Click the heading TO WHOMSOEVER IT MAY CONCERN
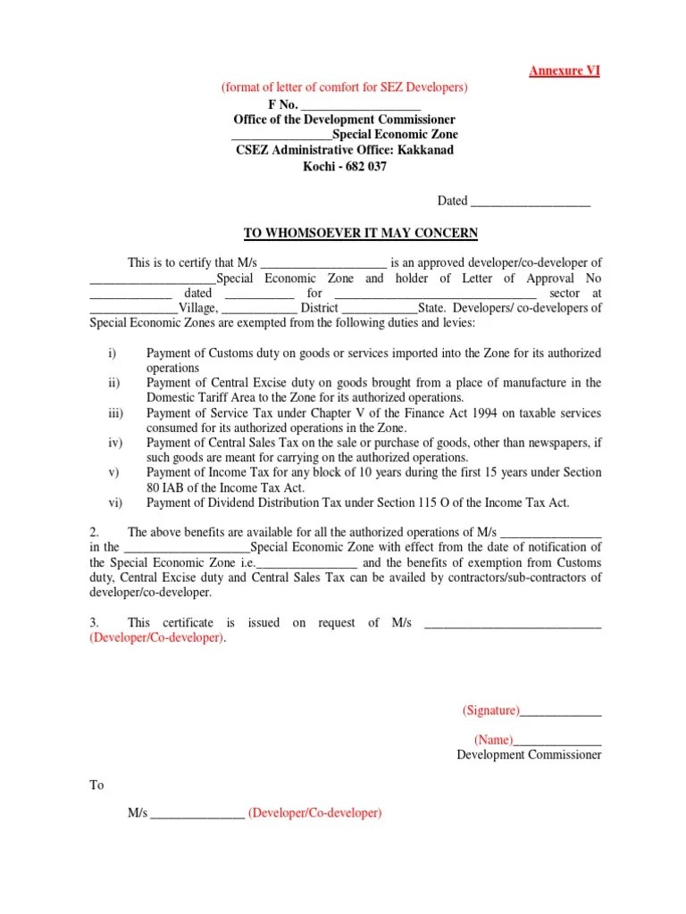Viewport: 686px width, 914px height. click(361, 234)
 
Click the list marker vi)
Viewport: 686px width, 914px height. click(114, 503)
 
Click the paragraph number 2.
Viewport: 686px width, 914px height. click(94, 532)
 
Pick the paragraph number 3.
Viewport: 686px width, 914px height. click(94, 623)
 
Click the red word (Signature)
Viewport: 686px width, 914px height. click(490, 710)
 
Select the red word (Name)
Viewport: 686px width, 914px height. click(494, 740)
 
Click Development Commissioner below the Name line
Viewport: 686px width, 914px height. click(529, 755)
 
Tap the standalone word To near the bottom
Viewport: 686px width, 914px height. click(96, 785)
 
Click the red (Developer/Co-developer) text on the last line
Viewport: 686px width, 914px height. click(315, 814)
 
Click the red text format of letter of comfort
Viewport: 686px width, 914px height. click(344, 87)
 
